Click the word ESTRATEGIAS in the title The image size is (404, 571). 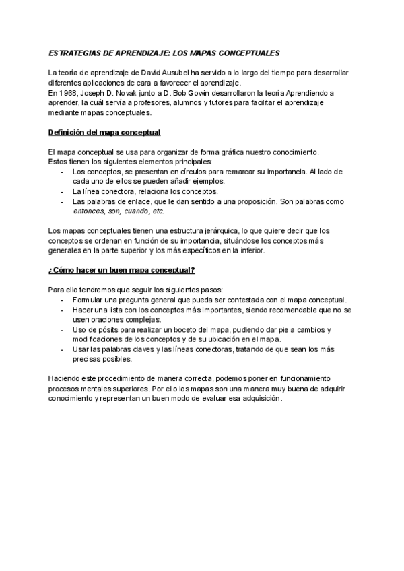click(72, 53)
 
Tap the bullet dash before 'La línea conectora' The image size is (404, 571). click(63, 191)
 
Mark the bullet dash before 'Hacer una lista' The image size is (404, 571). click(63, 310)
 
